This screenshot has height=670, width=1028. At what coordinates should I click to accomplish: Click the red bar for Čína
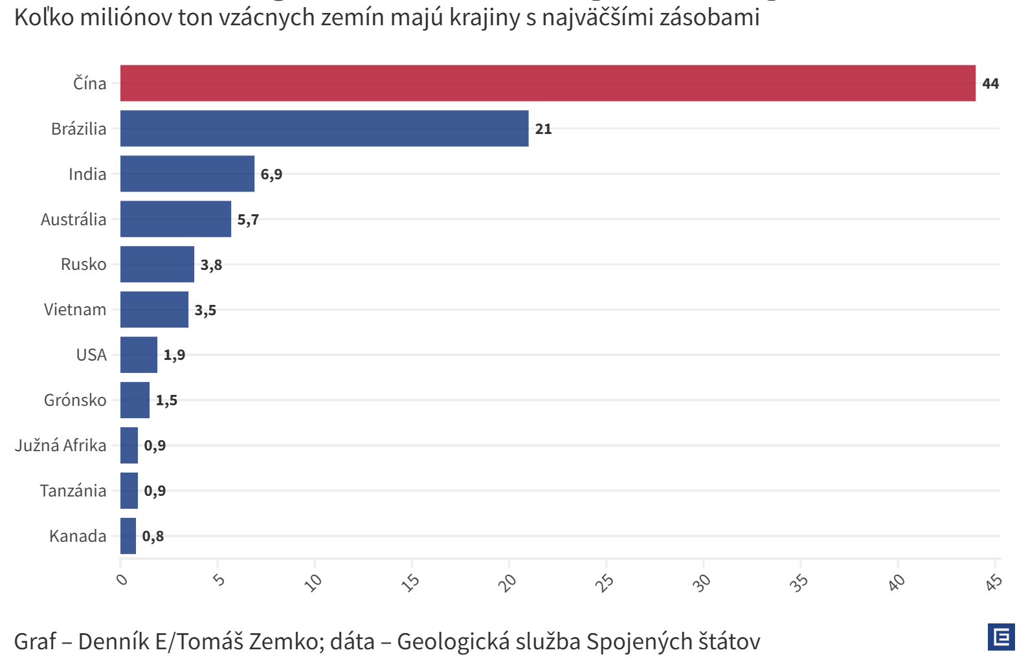[x=548, y=83]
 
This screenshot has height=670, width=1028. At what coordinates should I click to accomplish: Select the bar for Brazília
[x=324, y=128]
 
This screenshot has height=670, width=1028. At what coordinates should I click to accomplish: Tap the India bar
[x=187, y=173]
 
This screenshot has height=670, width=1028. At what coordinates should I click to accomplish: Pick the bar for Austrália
[x=175, y=219]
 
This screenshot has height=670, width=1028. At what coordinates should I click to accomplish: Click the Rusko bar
[x=157, y=264]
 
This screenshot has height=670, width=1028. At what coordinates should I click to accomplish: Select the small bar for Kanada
[x=128, y=536]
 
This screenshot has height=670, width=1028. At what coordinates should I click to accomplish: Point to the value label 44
[x=990, y=84]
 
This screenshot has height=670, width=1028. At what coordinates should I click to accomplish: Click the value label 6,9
[x=271, y=174]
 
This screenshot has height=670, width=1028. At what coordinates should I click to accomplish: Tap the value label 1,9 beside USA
[x=174, y=355]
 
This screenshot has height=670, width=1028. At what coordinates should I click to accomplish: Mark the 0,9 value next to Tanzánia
[x=155, y=491]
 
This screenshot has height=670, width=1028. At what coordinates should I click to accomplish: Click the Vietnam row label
[x=75, y=309]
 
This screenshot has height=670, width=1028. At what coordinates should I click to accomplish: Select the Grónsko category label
[x=75, y=400]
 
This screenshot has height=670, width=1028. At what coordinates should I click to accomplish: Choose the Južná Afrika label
[x=61, y=445]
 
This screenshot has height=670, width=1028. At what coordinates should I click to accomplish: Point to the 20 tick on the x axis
[x=508, y=583]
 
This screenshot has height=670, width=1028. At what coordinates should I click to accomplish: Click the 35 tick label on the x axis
[x=799, y=583]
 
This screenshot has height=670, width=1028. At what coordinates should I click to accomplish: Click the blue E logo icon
[x=1001, y=637]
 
